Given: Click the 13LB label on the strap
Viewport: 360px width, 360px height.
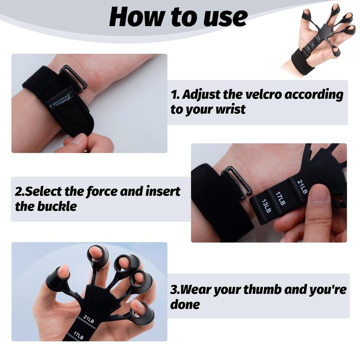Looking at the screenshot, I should pos(265,205).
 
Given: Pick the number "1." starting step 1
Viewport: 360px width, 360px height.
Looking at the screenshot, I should pos(175,95).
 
